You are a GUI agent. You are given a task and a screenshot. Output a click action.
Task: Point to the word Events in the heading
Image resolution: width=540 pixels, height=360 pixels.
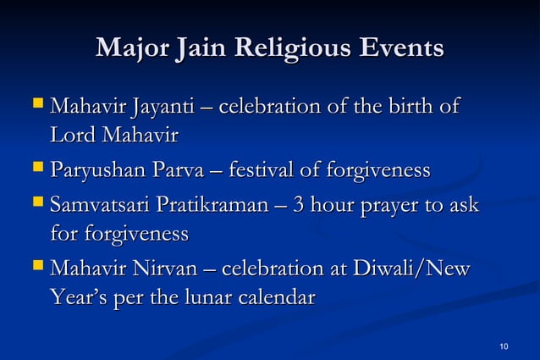tap(402, 48)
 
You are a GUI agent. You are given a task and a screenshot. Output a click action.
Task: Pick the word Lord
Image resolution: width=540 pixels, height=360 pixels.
tap(73, 135)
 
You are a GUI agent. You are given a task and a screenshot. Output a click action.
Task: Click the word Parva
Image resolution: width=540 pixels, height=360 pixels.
tap(169, 172)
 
